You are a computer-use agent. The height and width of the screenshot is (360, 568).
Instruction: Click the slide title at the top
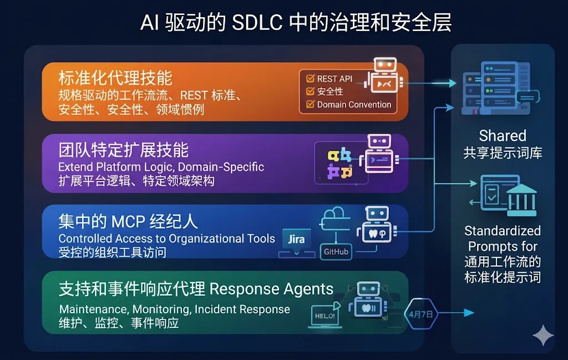point(296,23)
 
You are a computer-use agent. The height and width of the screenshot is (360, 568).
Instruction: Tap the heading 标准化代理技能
point(115,78)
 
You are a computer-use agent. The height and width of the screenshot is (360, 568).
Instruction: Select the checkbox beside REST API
point(310,79)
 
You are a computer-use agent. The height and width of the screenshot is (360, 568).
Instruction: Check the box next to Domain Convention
point(310,104)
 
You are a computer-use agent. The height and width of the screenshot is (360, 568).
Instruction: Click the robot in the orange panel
point(382,75)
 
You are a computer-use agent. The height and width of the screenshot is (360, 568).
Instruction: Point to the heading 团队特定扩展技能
point(123,150)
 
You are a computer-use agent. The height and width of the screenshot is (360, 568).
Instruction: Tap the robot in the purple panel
point(379,154)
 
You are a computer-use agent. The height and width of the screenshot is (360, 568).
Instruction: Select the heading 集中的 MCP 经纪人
point(128,221)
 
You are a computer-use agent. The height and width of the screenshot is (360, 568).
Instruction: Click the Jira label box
point(296,240)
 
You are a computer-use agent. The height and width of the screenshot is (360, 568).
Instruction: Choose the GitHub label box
point(336,251)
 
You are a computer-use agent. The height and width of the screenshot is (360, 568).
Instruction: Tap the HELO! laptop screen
point(324,316)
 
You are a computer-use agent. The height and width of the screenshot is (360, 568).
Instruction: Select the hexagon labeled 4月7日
point(422,314)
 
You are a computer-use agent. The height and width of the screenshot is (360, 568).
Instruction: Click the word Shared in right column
point(503,136)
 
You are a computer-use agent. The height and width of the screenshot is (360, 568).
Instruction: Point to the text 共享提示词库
point(503,153)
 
